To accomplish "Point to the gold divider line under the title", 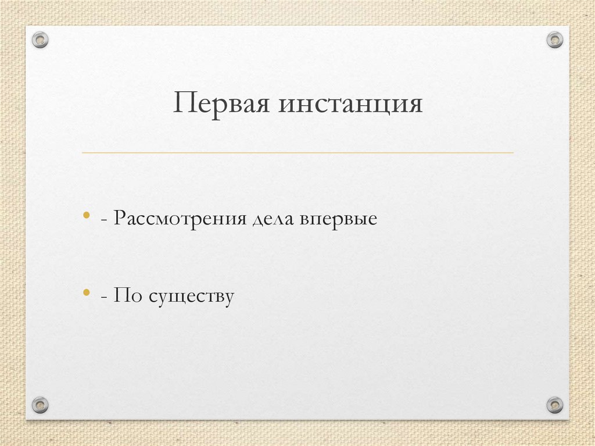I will [297, 153].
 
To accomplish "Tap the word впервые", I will [339, 220].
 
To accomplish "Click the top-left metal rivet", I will [40, 40].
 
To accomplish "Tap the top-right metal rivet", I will [555, 40].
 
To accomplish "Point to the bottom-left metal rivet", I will [40, 404].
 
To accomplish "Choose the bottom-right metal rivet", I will [555, 404].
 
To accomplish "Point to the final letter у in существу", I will [228, 298].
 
